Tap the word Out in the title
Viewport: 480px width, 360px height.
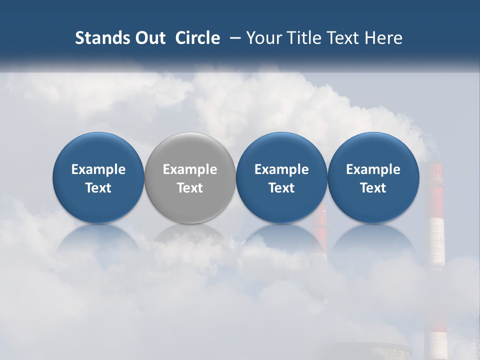pyautogui.click(x=149, y=38)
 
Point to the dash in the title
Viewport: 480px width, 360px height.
pyautogui.click(x=233, y=38)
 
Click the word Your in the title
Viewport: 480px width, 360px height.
pyautogui.click(x=262, y=38)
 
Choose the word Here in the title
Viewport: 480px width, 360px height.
pyautogui.click(x=384, y=38)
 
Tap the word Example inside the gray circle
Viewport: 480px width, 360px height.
pyautogui.click(x=190, y=169)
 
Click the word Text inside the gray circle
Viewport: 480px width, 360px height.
pyautogui.click(x=190, y=188)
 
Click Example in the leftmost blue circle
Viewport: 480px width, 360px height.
pyautogui.click(x=98, y=169)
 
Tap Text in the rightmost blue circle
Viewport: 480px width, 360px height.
pyautogui.click(x=373, y=188)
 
